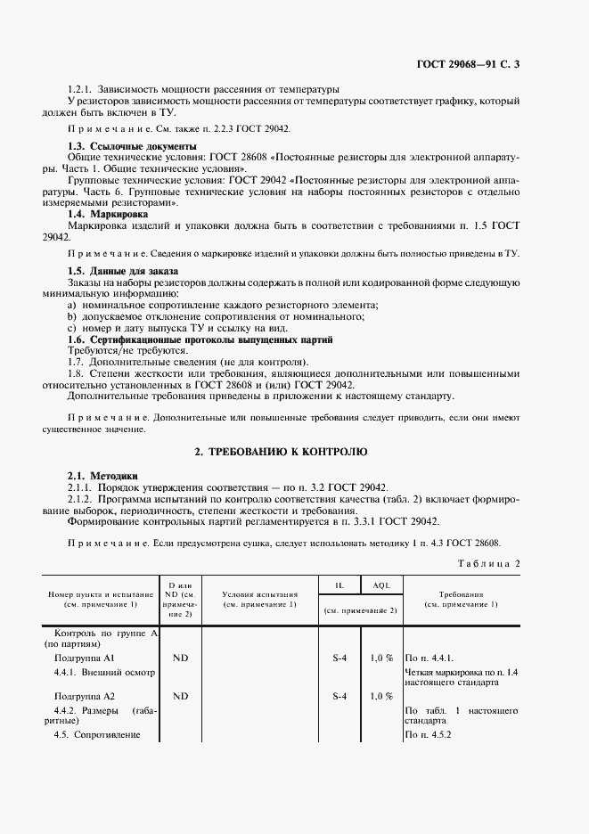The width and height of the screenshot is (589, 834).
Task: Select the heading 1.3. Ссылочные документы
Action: pyautogui.click(x=133, y=145)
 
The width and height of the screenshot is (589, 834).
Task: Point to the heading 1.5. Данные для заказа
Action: pyautogui.click(x=123, y=270)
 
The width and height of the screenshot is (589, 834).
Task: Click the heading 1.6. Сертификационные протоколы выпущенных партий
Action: pyautogui.click(x=200, y=339)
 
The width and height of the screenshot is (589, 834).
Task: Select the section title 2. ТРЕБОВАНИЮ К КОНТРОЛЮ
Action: pyautogui.click(x=281, y=453)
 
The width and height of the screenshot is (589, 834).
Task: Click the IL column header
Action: pyautogui.click(x=339, y=585)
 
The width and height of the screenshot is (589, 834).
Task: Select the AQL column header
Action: pyautogui.click(x=380, y=585)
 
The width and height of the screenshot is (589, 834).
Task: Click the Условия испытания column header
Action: pyautogui.click(x=258, y=599)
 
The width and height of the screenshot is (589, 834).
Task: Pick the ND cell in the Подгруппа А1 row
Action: pyautogui.click(x=181, y=658)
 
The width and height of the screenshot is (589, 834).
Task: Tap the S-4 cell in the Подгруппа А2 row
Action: pyautogui.click(x=339, y=695)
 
